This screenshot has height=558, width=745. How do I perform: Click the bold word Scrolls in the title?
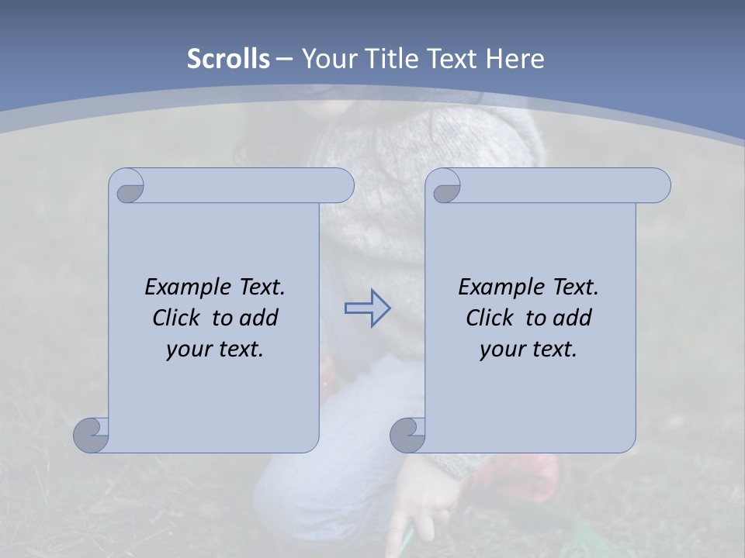click(228, 59)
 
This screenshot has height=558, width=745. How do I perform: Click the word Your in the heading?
click(326, 59)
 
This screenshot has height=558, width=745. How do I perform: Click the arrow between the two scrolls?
click(367, 308)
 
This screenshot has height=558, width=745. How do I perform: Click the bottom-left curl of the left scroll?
click(92, 436)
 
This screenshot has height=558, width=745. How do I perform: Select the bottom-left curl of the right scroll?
click(407, 436)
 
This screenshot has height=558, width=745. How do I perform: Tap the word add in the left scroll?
click(258, 318)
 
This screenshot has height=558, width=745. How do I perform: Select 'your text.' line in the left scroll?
click(215, 349)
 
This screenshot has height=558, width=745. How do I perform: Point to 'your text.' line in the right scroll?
click(528, 349)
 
